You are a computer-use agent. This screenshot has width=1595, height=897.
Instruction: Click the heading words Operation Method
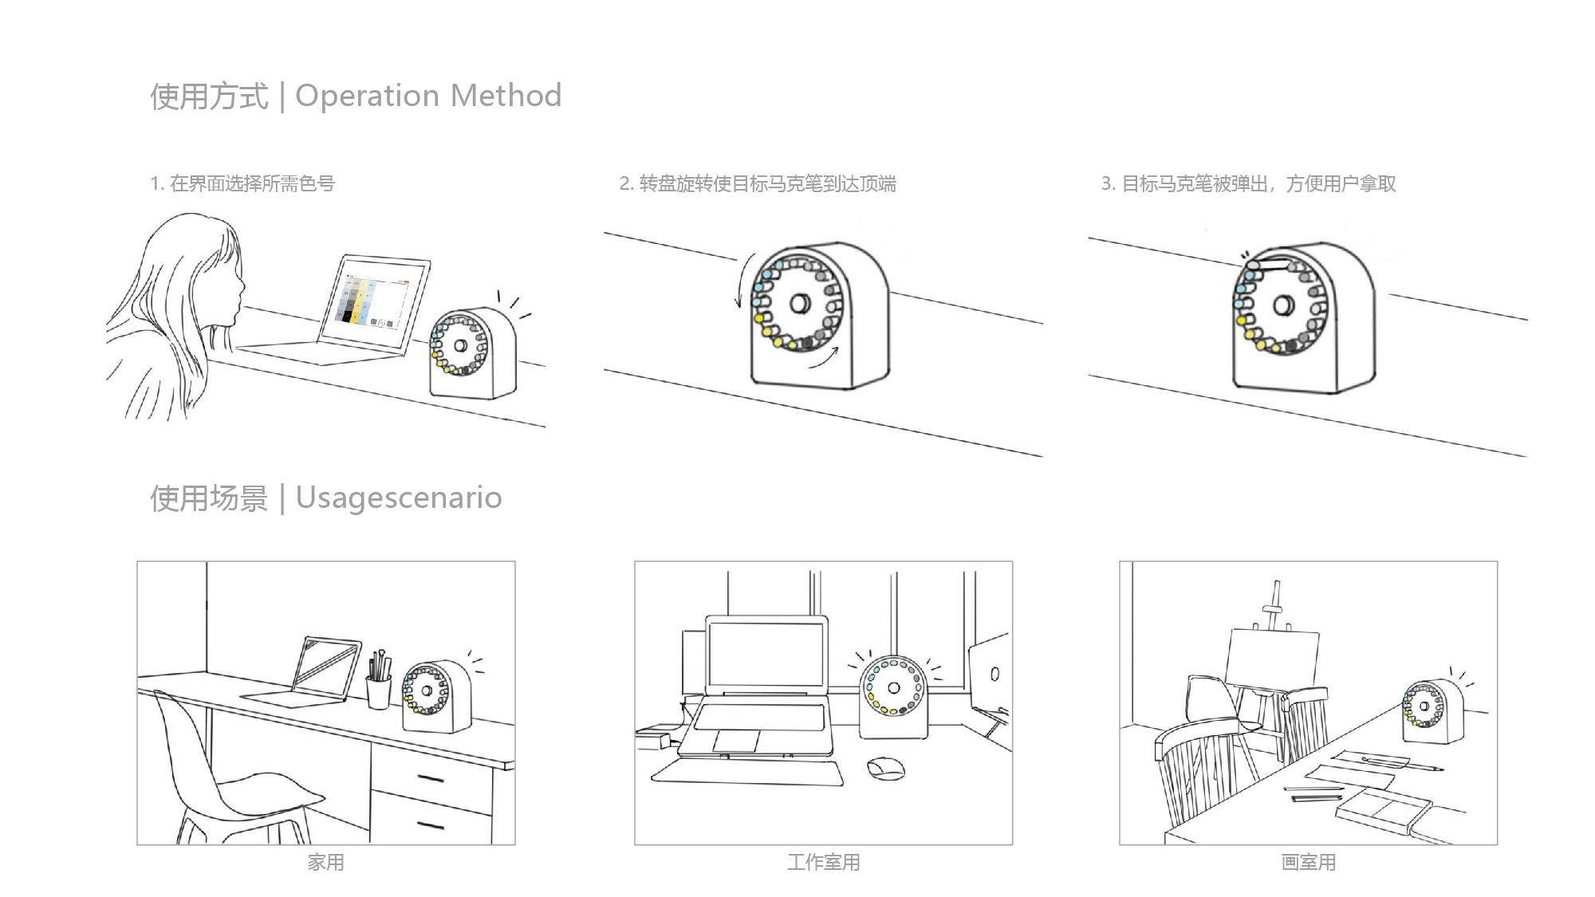point(428,96)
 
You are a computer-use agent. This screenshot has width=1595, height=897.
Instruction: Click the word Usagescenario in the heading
point(398,498)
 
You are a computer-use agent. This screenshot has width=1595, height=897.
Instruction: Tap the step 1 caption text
point(242,183)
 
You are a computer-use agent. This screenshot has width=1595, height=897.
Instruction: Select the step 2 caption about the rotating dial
point(758,184)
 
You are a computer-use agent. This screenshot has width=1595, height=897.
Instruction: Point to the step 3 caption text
point(1248,184)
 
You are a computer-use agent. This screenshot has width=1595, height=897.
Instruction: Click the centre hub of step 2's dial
point(799,304)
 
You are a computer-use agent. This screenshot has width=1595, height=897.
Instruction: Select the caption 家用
point(325,862)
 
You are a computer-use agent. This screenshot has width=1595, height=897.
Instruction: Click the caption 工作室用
point(823,862)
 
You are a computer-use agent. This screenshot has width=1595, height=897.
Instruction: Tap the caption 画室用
point(1308,862)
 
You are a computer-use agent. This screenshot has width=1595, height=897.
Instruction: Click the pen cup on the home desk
point(378,690)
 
